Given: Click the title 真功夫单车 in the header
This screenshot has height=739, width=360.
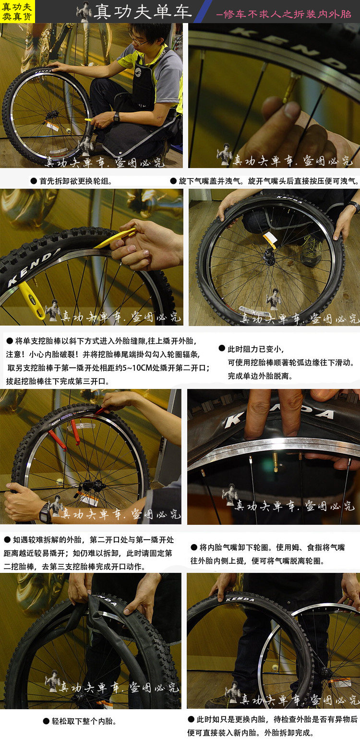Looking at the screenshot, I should [x=143, y=12].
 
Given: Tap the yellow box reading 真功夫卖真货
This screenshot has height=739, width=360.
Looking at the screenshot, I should [x=18, y=12].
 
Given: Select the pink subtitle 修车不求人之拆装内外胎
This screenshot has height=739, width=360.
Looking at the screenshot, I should [x=284, y=13].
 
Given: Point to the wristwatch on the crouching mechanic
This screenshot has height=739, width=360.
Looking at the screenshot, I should [x=116, y=117].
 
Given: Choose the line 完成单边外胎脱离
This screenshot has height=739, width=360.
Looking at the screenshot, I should [x=260, y=376].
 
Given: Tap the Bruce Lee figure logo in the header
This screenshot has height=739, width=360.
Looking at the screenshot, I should [x=84, y=12].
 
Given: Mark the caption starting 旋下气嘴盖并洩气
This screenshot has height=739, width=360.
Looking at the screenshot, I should [x=264, y=181].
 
